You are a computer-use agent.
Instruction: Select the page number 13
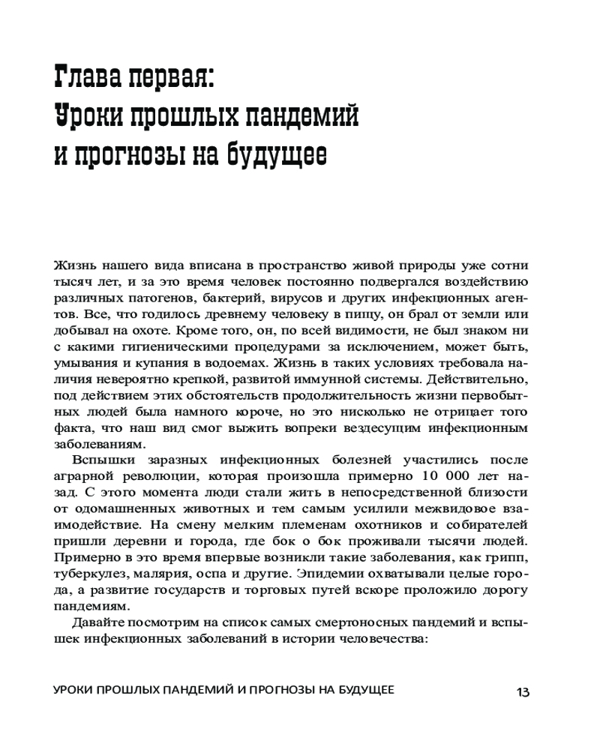[523, 691]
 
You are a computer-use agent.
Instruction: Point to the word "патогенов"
[152, 298]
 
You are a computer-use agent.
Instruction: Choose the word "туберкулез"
[90, 572]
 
